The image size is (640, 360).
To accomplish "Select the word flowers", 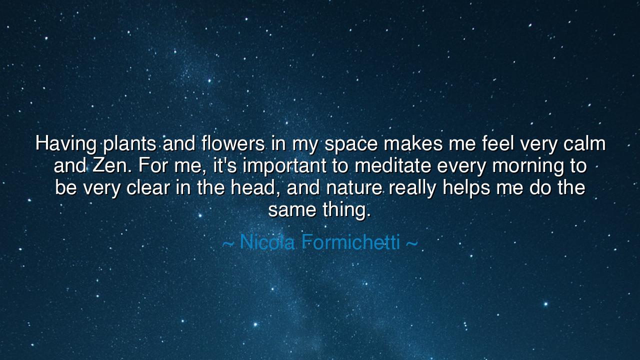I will pyautogui.click(x=233, y=144).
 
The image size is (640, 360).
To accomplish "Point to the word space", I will pyautogui.click(x=351, y=144).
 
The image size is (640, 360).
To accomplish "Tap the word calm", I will pyautogui.click(x=584, y=144).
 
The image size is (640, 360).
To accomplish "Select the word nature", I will pyautogui.click(x=354, y=188).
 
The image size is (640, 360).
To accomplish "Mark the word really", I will pyautogui.click(x=412, y=188).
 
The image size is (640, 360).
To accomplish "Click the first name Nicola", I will pyautogui.click(x=268, y=242).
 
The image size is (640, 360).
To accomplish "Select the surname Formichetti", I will pyautogui.click(x=351, y=242).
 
